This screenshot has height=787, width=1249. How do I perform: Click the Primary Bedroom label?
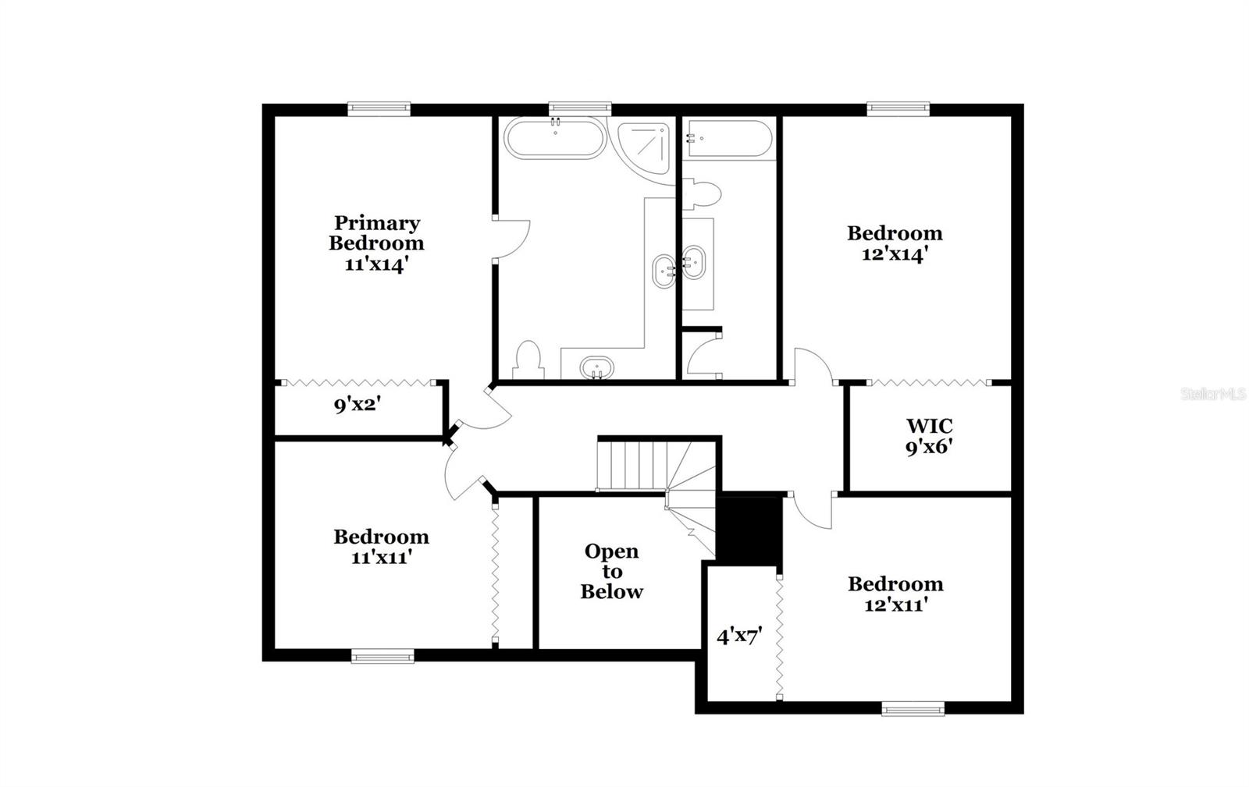pyautogui.click(x=376, y=232)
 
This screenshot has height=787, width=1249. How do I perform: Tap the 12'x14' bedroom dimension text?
pyautogui.click(x=895, y=254)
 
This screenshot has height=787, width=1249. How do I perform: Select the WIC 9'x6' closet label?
pyautogui.click(x=929, y=436)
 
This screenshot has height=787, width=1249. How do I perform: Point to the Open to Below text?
pyautogui.click(x=612, y=571)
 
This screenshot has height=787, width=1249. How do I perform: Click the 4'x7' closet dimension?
pyautogui.click(x=738, y=636)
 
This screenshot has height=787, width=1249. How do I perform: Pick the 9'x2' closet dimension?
pyautogui.click(x=358, y=405)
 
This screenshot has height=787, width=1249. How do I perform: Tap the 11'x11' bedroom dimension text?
pyautogui.click(x=381, y=557)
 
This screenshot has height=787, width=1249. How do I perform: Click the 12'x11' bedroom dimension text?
pyautogui.click(x=895, y=604)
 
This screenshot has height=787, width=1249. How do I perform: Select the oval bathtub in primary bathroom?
pyautogui.click(x=554, y=138)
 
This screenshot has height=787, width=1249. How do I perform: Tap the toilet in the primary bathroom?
pyautogui.click(x=529, y=360)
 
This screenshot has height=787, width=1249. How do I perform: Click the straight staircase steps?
pyautogui.click(x=631, y=466)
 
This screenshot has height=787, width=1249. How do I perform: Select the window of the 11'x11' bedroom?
pyautogui.click(x=382, y=657)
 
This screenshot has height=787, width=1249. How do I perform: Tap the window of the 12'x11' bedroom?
pyautogui.click(x=913, y=709)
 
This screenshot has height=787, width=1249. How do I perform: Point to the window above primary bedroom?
pyautogui.click(x=379, y=109)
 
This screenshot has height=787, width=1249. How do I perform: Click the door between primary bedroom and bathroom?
pyautogui.click(x=511, y=239)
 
